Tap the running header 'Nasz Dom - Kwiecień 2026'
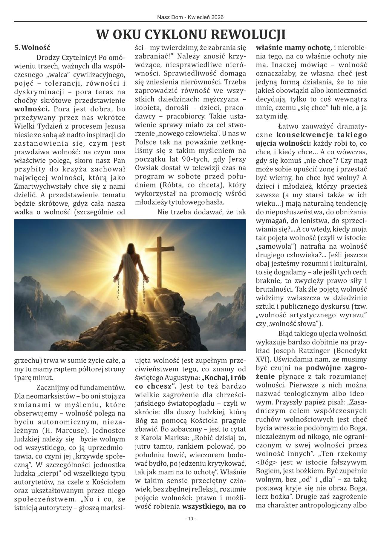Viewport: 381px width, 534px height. coord(190,17)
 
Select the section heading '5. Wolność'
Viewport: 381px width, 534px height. coord(33,47)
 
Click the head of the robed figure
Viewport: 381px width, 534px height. coord(131,248)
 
